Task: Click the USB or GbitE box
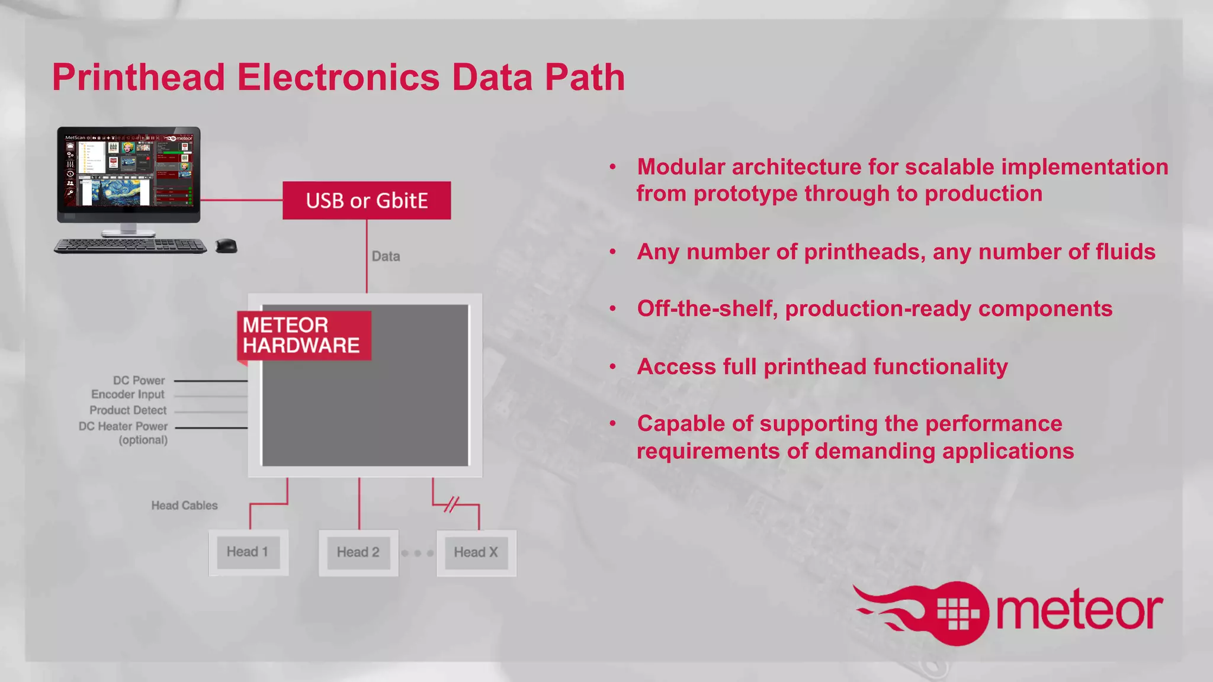(367, 201)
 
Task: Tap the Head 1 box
(248, 552)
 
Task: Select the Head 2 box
(358, 552)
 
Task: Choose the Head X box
(476, 552)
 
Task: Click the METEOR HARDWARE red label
(303, 336)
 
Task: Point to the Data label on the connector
(386, 256)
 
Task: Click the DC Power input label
(139, 381)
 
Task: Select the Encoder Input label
(128, 395)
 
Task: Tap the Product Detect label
(128, 410)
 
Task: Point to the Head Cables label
(184, 506)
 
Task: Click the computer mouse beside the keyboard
(226, 245)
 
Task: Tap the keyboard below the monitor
(130, 246)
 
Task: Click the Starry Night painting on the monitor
(116, 192)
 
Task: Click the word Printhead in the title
(139, 78)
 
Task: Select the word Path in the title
(585, 78)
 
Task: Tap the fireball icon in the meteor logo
(954, 613)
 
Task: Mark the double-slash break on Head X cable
(451, 504)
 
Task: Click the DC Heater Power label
(123, 426)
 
